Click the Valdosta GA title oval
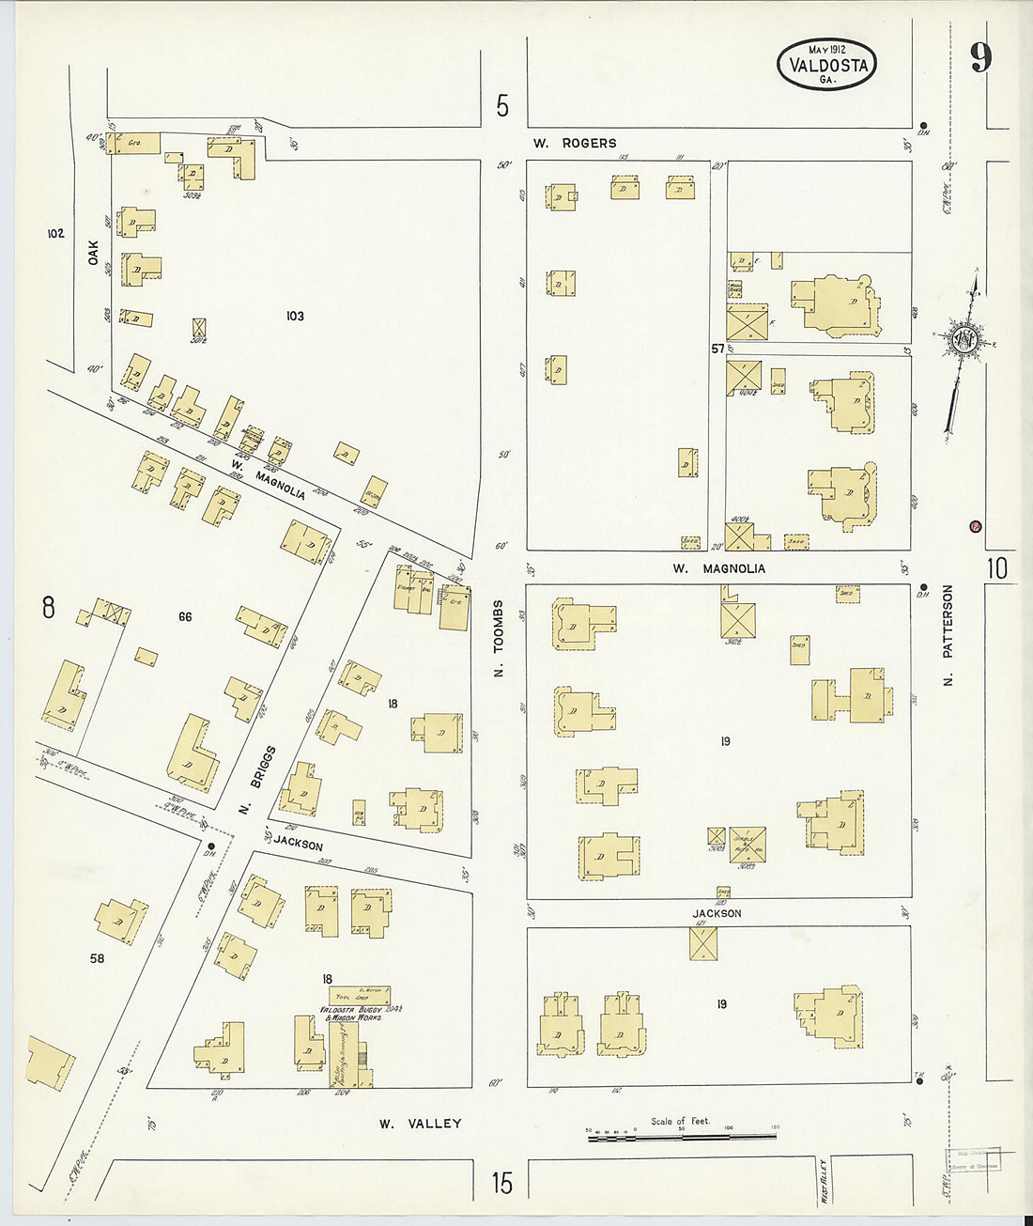point(826,65)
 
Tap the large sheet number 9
point(980,58)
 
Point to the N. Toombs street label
point(499,639)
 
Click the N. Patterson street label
point(948,635)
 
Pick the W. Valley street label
point(420,1124)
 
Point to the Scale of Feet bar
point(682,1137)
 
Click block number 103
point(295,317)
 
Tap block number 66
point(185,616)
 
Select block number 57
point(717,349)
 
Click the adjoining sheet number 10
point(996,568)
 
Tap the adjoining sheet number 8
point(48,609)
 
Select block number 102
point(55,232)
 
